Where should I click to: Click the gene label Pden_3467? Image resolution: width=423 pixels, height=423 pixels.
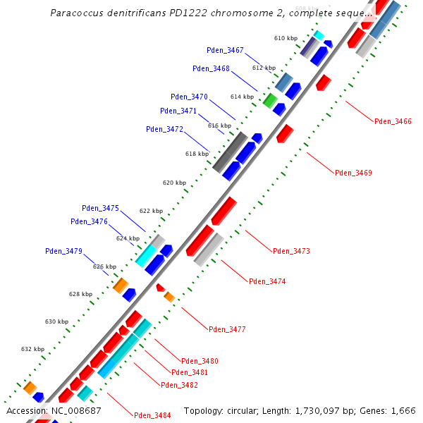point(225,50)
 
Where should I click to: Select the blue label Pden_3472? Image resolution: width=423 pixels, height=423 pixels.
point(164,129)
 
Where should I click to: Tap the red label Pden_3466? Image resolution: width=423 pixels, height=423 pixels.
point(393,121)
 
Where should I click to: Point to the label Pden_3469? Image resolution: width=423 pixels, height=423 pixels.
point(353,173)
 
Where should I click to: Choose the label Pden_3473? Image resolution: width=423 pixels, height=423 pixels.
point(291,251)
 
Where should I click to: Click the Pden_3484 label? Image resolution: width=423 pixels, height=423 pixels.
point(152,415)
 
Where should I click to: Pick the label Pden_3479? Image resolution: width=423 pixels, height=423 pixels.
point(63,251)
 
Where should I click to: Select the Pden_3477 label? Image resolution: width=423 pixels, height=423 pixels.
point(227,329)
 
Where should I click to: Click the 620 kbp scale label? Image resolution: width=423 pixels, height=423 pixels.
point(174,183)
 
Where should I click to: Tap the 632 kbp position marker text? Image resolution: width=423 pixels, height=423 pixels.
point(32,349)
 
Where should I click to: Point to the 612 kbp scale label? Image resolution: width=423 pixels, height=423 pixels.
point(264,68)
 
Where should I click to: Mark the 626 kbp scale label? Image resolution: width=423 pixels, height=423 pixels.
point(104,266)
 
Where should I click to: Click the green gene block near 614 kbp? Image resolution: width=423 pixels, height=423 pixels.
point(269,99)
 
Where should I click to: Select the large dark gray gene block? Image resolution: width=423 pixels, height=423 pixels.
point(230,151)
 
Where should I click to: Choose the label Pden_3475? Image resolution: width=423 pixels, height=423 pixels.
point(100,208)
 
